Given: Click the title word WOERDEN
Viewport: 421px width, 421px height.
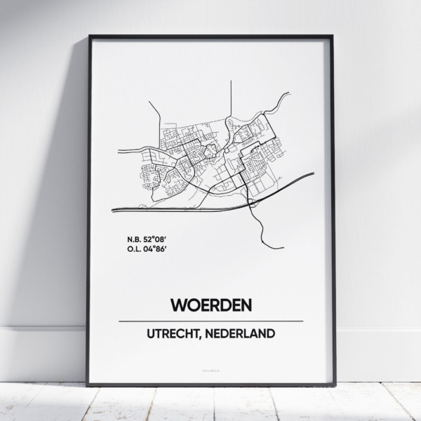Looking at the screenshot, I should [210, 306].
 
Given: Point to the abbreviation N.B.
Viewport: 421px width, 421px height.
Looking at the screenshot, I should [128, 237].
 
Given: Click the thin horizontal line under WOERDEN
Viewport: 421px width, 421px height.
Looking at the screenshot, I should [210, 321].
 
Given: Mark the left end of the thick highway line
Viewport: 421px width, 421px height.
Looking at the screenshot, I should [113, 208].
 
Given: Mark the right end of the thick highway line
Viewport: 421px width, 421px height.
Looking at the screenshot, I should [312, 175].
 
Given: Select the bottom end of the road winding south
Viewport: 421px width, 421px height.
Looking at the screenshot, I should [283, 247].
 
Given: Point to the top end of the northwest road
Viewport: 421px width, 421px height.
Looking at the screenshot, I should [150, 102].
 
